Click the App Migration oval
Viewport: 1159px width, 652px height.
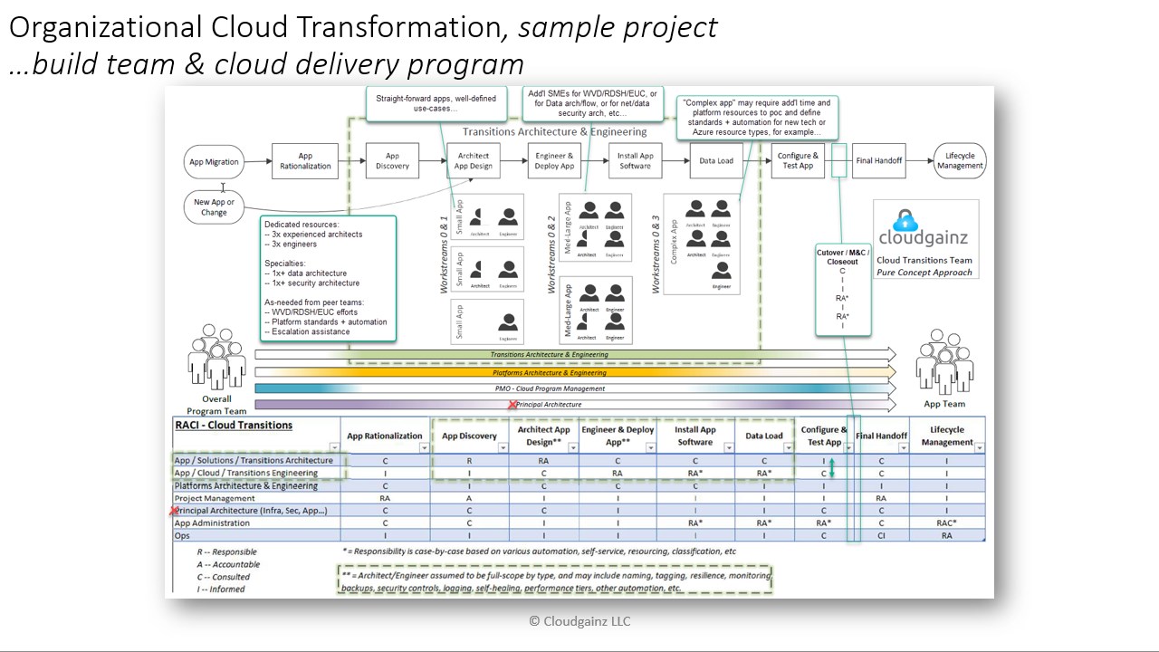tap(214, 162)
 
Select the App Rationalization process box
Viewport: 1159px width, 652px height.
tap(305, 161)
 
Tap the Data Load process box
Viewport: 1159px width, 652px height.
tap(716, 161)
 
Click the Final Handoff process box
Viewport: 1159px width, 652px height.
tap(878, 161)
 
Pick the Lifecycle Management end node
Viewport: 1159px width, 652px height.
tap(959, 161)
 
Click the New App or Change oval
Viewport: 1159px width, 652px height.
tap(214, 207)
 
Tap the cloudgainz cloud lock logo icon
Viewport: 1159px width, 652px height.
tap(905, 221)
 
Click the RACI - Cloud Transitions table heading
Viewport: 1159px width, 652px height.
tap(234, 425)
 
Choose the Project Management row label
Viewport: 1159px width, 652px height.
tap(215, 498)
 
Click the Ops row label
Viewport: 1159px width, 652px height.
tap(182, 536)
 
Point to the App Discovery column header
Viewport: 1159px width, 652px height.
tap(469, 436)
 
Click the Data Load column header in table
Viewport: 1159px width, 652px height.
tap(763, 436)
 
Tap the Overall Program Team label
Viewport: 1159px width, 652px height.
tap(216, 405)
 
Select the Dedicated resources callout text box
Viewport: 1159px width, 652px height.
tap(328, 278)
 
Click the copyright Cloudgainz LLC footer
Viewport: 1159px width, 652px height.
tap(579, 621)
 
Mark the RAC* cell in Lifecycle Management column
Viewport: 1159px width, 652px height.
tap(946, 523)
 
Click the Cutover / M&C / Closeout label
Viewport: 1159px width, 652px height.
tap(843, 257)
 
